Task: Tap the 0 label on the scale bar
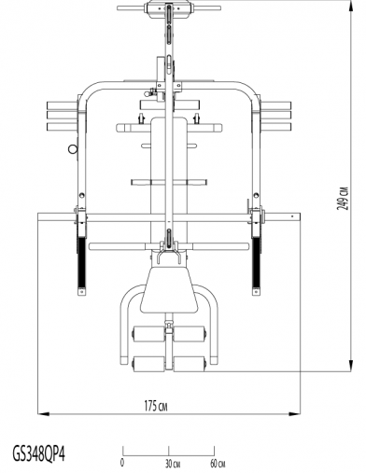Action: tap(122, 462)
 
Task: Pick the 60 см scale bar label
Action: tap(217, 462)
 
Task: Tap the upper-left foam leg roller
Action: tap(148, 334)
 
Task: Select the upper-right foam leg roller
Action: tap(190, 334)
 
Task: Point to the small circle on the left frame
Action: tap(71, 146)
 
